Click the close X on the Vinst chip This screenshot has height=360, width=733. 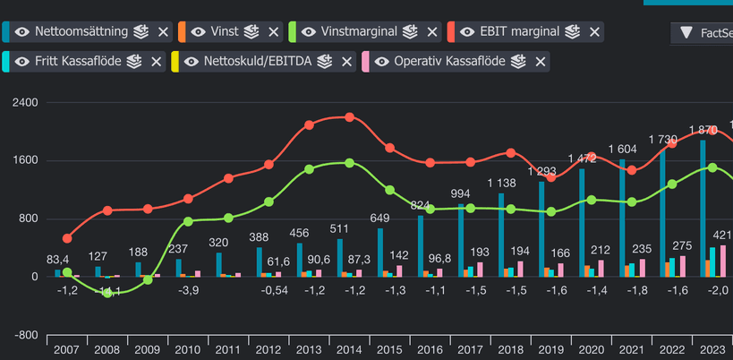tap(274, 31)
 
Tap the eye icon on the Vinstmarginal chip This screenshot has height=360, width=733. tap(308, 31)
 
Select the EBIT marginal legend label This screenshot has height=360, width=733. tap(520, 31)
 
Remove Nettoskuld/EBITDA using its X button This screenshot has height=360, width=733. tap(347, 62)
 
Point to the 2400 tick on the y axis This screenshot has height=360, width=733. tap(25, 103)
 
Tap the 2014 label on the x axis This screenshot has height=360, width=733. tap(348, 350)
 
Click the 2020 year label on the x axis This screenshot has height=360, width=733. tap(590, 350)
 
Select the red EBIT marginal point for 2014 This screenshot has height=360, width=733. tap(349, 117)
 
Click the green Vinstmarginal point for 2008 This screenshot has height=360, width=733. tap(107, 292)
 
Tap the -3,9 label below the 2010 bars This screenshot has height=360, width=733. tap(188, 291)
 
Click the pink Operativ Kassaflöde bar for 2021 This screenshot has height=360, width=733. tap(642, 268)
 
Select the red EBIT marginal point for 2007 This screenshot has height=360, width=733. tap(67, 239)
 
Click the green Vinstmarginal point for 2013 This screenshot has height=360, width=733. tap(309, 169)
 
